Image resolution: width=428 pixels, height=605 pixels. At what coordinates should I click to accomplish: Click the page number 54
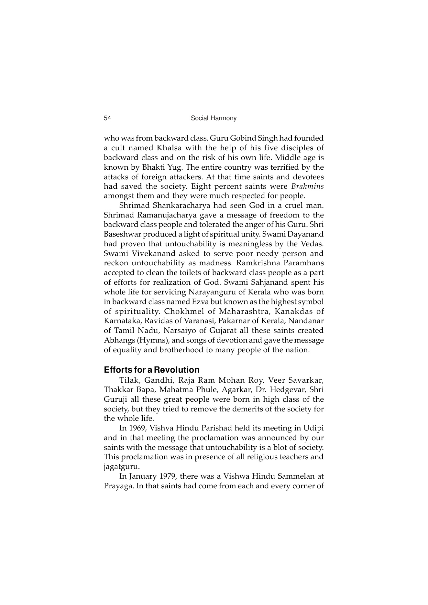click(107, 118)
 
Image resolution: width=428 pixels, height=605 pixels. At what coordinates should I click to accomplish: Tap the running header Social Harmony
click(214, 118)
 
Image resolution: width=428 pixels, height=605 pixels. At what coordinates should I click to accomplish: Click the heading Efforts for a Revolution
click(152, 370)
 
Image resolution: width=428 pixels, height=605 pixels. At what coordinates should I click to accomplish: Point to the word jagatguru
click(122, 467)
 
